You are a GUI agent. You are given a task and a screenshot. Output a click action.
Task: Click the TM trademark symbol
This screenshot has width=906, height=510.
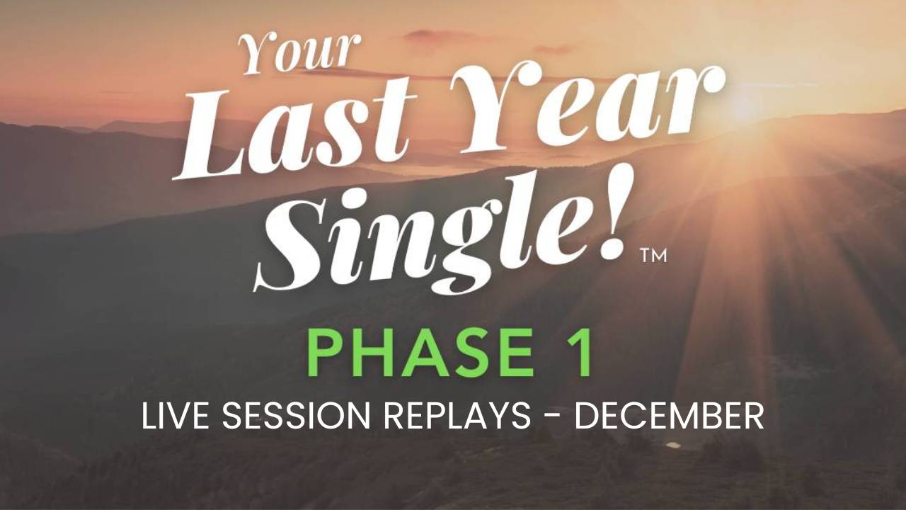click(x=653, y=256)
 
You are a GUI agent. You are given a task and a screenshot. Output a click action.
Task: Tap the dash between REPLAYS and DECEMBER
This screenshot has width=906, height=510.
click(x=552, y=418)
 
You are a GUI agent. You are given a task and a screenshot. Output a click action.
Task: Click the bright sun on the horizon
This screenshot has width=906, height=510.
click(x=744, y=106)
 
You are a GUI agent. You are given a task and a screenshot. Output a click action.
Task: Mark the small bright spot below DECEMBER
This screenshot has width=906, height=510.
click(x=673, y=445)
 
